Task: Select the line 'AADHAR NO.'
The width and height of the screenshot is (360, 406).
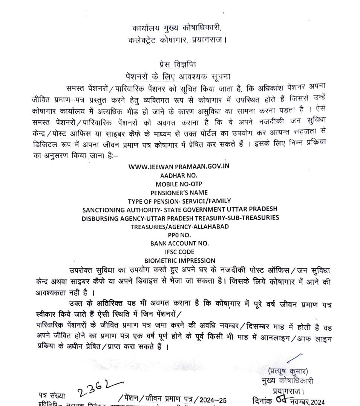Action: click(179, 176)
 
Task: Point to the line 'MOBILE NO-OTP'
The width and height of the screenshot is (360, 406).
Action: click(179, 184)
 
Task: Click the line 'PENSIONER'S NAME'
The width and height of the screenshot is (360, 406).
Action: click(179, 193)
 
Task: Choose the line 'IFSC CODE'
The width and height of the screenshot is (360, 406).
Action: click(179, 252)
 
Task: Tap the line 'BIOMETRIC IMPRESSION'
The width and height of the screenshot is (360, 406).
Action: click(180, 260)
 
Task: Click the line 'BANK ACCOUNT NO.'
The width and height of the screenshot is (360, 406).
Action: click(179, 243)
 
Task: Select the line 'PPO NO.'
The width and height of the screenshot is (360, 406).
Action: click(179, 235)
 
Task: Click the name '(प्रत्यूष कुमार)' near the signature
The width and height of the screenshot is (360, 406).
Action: click(288, 371)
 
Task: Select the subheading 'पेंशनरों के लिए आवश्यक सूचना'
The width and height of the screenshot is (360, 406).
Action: click(178, 75)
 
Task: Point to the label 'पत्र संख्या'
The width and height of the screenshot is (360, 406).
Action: click(52, 396)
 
